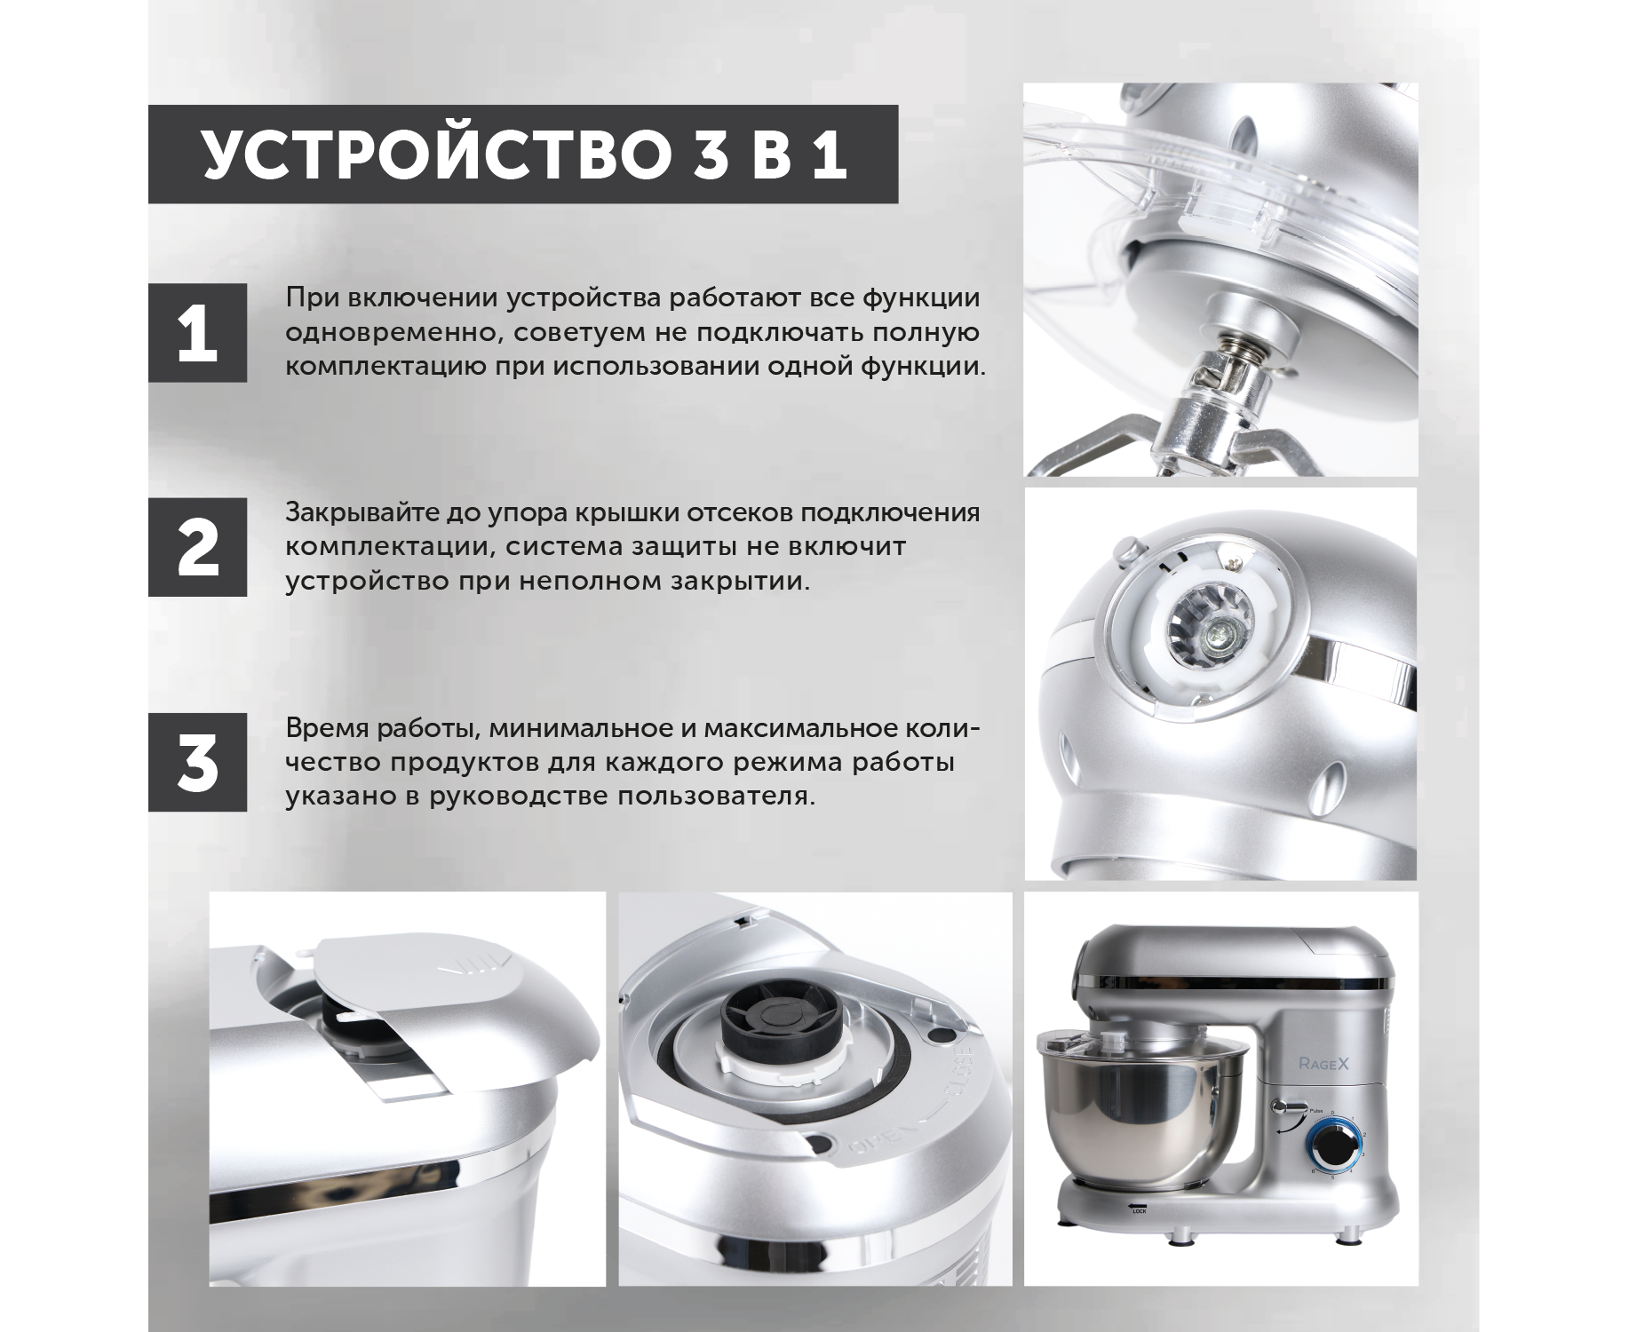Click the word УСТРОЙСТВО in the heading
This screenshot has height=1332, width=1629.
click(433, 155)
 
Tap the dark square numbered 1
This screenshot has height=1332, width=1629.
click(197, 333)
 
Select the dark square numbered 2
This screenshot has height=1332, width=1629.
click(197, 547)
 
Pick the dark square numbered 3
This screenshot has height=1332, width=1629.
click(197, 762)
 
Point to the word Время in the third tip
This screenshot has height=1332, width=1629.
click(327, 729)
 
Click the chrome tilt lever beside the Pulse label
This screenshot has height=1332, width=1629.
click(1285, 1106)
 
